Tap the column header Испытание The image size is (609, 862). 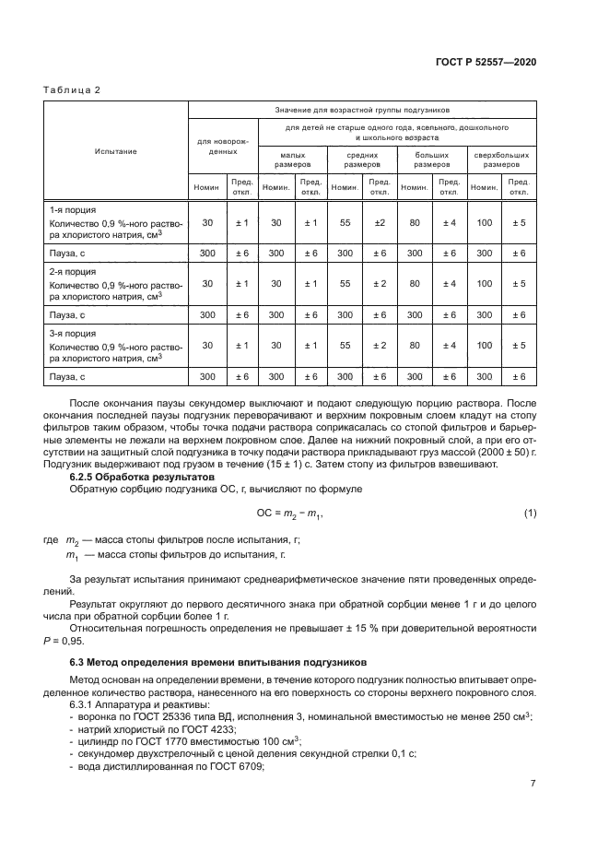(115, 150)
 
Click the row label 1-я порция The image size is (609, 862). (71, 209)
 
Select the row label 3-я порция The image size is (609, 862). (71, 333)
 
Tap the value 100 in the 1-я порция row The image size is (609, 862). (484, 222)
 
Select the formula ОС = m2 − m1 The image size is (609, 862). (290, 513)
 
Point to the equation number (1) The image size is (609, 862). (529, 513)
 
